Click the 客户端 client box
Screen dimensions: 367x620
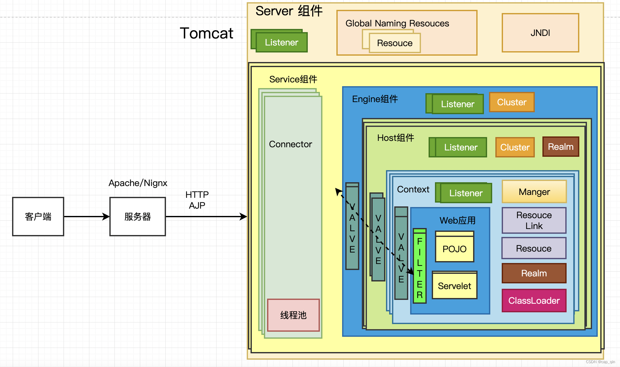tap(38, 217)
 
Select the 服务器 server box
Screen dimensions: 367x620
tap(138, 217)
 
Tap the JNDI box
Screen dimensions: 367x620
tap(540, 33)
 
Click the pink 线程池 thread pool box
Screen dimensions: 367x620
tap(293, 315)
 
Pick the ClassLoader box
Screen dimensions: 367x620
tap(534, 301)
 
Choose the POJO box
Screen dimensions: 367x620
tap(454, 249)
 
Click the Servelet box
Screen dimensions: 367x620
tap(454, 286)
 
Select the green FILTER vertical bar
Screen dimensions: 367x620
tap(419, 267)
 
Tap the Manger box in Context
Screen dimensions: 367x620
tap(534, 192)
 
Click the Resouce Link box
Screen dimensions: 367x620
tap(534, 220)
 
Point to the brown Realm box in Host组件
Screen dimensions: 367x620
tap(561, 147)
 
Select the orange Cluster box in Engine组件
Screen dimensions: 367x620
tap(512, 102)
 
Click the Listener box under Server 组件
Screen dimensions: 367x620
tap(281, 42)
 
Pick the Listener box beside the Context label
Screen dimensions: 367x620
tap(466, 193)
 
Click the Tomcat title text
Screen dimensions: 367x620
tap(207, 33)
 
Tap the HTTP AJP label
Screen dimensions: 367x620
tap(197, 200)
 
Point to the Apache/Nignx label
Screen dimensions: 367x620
tap(138, 183)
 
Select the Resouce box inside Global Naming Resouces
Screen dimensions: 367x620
tap(395, 43)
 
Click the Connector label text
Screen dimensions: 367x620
tap(290, 144)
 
